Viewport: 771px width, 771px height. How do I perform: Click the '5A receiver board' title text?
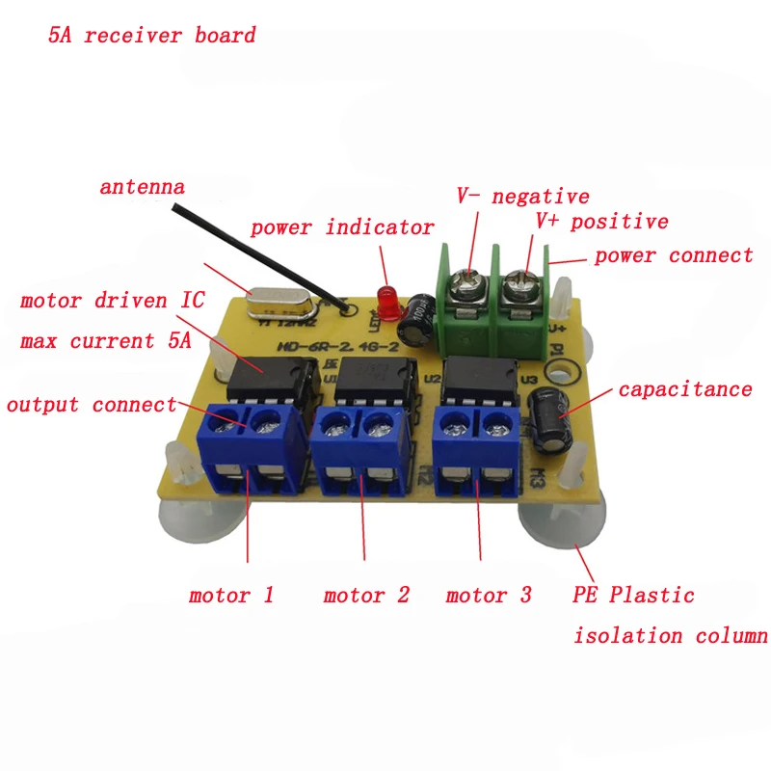click(152, 37)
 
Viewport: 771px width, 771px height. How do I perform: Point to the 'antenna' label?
click(142, 186)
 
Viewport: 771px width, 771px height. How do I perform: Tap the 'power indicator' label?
click(342, 227)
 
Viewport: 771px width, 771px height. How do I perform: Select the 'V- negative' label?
click(522, 197)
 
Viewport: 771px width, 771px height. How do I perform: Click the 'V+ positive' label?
click(601, 222)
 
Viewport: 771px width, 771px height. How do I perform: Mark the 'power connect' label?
click(674, 255)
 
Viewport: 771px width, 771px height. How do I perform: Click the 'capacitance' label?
click(684, 389)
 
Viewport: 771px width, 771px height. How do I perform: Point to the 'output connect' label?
click(92, 405)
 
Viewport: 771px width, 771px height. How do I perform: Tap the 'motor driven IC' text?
click(112, 301)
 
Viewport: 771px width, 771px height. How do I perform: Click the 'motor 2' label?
click(366, 595)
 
